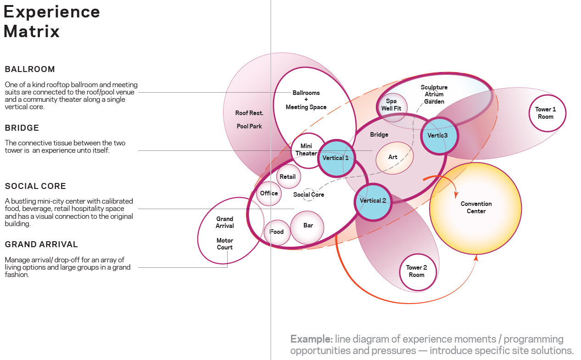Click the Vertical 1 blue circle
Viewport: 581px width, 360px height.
[335, 158]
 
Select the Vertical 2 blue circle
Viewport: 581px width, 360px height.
[373, 201]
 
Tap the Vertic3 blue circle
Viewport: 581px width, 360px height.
[440, 135]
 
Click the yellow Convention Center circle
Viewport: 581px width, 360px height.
[476, 208]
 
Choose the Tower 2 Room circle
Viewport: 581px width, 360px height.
[417, 271]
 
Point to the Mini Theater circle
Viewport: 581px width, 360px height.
[306, 150]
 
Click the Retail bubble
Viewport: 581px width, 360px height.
[288, 177]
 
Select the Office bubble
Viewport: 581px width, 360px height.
[269, 194]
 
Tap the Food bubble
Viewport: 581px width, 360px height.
[277, 232]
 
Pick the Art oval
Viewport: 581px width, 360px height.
[394, 157]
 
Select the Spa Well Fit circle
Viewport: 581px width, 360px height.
[391, 105]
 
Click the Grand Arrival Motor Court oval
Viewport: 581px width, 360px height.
[225, 232]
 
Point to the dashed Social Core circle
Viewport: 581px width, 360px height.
[309, 194]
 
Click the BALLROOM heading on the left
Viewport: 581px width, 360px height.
[30, 69]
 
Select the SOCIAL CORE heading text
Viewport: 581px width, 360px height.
[35, 186]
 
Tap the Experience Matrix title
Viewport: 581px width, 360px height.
[51, 22]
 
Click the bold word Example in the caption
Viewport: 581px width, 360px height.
[311, 339]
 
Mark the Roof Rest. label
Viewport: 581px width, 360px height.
[249, 113]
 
